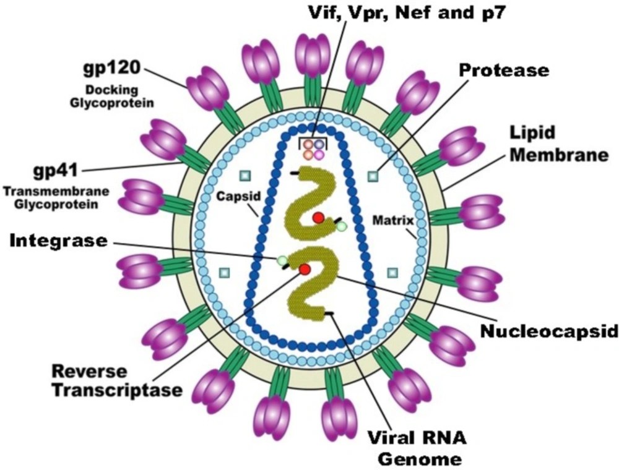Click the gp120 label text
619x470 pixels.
(x=112, y=69)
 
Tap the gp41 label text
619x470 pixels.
(x=56, y=171)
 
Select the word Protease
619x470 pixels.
(x=504, y=70)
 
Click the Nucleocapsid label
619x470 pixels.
(x=549, y=331)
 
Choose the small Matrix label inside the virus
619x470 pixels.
(x=393, y=220)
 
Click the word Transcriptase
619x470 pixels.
(x=118, y=390)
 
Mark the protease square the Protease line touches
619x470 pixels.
(x=373, y=176)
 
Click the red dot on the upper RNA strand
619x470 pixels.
(x=318, y=217)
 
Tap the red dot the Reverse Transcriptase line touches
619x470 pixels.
(x=305, y=269)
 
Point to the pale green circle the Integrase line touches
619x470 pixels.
(x=282, y=260)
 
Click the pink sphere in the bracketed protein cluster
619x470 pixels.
(x=318, y=154)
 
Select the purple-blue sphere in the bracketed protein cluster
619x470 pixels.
(x=319, y=145)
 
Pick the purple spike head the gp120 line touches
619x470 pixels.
(x=208, y=88)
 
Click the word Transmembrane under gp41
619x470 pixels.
(x=56, y=192)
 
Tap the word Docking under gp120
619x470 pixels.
(x=112, y=90)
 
